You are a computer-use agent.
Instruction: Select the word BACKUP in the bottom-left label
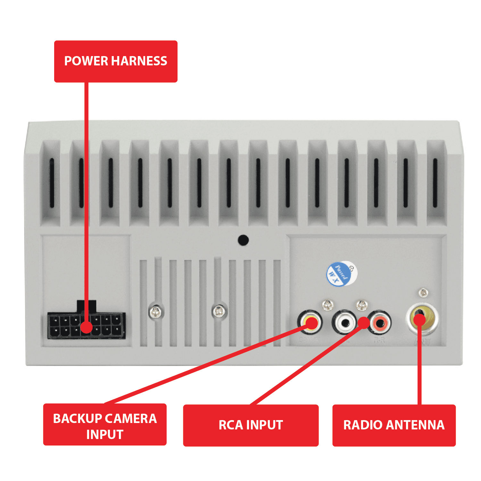(x=77, y=419)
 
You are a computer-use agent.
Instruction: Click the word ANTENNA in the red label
(x=415, y=425)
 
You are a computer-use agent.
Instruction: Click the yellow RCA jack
(x=310, y=322)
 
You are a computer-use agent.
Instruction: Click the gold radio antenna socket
(x=422, y=319)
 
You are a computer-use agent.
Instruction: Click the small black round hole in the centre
(x=243, y=240)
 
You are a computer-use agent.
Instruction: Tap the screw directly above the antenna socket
(x=424, y=293)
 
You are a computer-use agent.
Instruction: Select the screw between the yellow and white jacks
(x=328, y=305)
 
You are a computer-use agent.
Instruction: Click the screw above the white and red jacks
(x=362, y=305)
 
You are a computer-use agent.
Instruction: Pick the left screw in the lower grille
(x=156, y=311)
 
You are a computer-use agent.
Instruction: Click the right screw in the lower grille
(x=219, y=311)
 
